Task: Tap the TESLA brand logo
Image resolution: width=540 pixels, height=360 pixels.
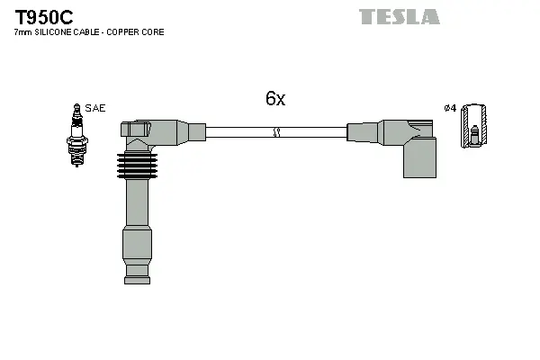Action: point(400,16)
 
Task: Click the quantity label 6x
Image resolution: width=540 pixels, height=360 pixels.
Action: point(274,99)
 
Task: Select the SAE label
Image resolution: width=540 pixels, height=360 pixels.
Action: point(95,108)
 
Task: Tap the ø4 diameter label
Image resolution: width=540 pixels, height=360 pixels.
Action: point(451,108)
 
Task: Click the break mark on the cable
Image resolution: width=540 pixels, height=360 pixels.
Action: point(277,132)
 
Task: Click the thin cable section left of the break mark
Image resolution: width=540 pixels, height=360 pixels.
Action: point(238,132)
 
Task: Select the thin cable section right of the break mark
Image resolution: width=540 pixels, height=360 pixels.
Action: point(315,132)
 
